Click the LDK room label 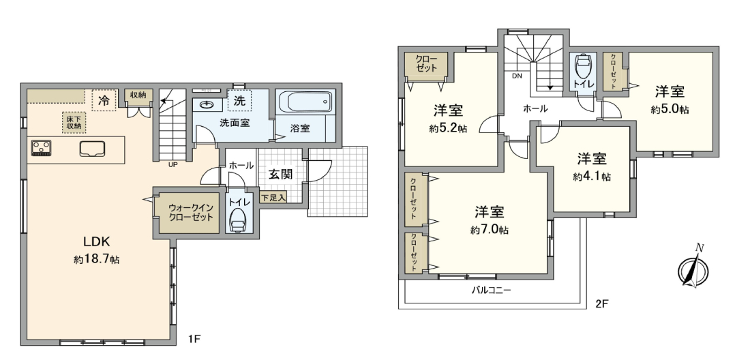(x=98, y=240)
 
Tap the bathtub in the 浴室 (x=304, y=102)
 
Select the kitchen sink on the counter (x=93, y=149)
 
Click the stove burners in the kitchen (x=41, y=148)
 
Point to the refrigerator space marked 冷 (x=104, y=101)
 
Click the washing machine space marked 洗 (x=239, y=100)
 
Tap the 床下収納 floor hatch (x=74, y=122)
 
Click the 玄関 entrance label (x=280, y=175)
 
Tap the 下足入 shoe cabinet (x=273, y=197)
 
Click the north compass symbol (x=693, y=269)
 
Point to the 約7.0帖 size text (x=489, y=230)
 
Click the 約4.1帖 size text (x=592, y=177)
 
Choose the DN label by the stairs (x=517, y=76)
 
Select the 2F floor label (x=602, y=303)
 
